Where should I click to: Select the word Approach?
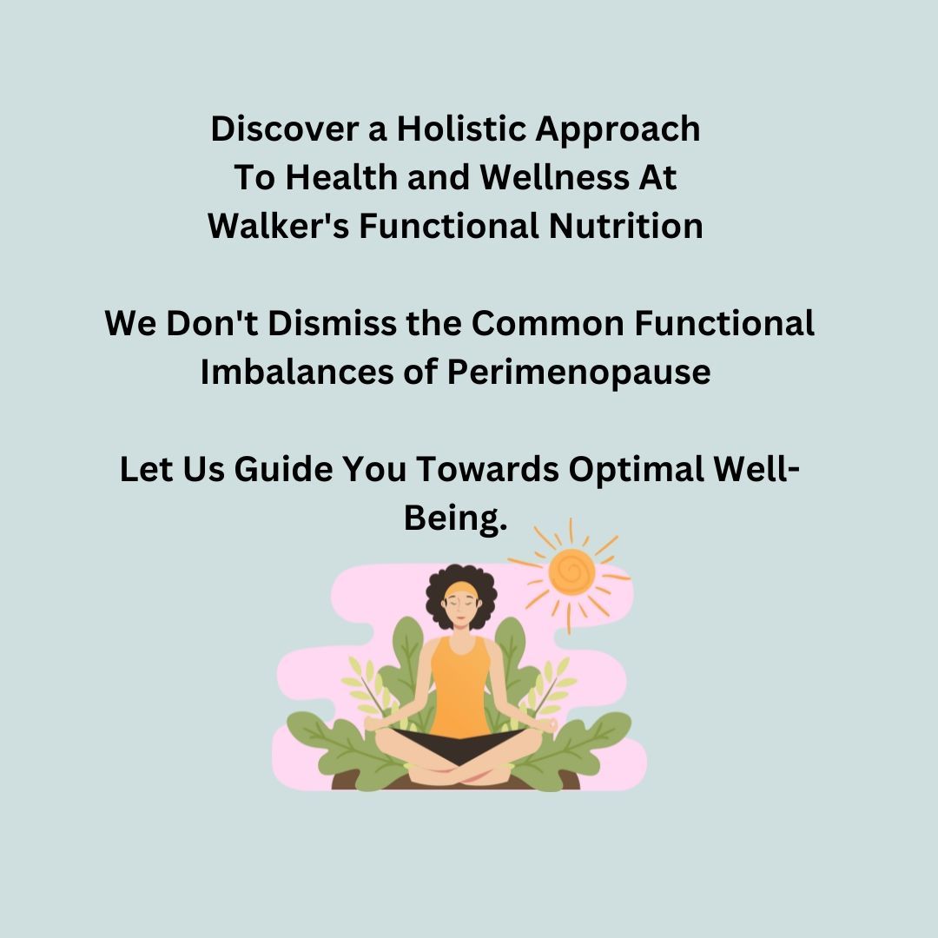click(x=618, y=130)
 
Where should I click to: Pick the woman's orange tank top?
click(x=459, y=686)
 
